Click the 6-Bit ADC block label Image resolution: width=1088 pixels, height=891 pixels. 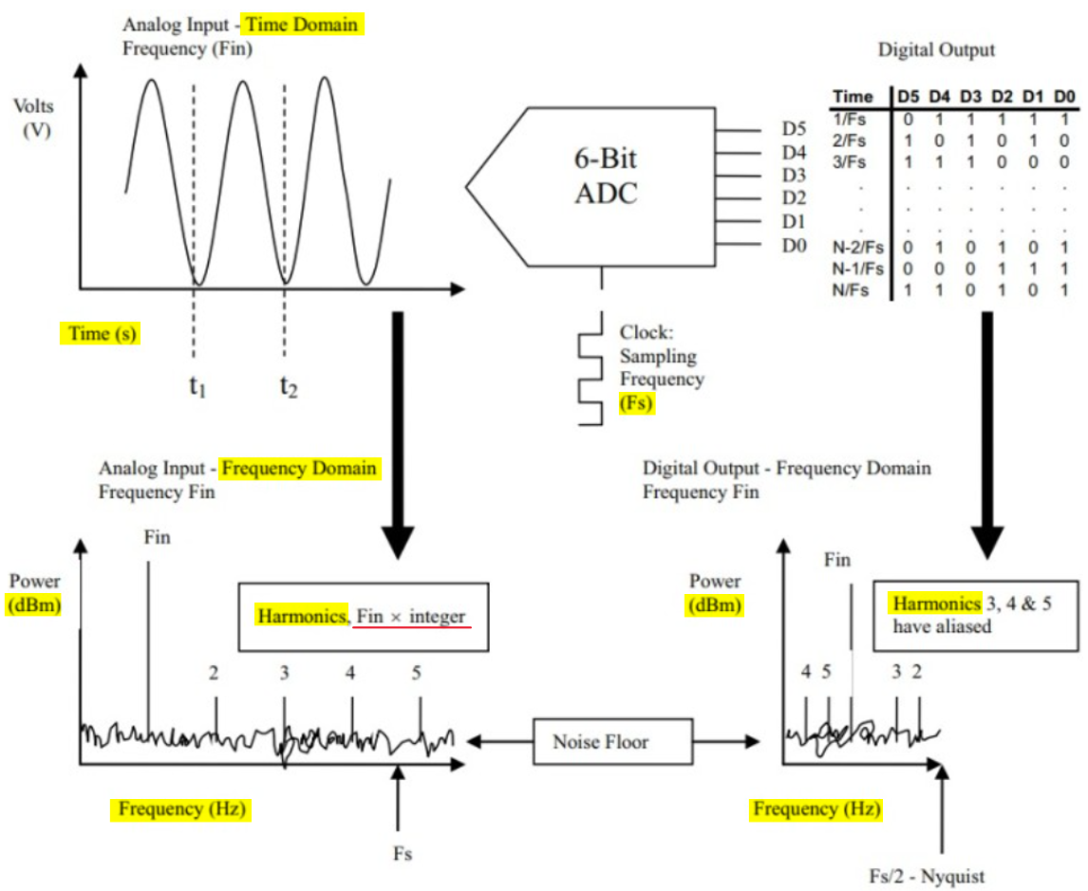(x=607, y=175)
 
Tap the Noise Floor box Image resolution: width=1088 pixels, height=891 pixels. (x=601, y=740)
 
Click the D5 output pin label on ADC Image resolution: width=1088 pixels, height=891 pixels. (x=794, y=129)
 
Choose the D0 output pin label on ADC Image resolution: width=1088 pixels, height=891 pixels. (x=794, y=247)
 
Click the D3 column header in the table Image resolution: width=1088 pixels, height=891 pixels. (x=971, y=96)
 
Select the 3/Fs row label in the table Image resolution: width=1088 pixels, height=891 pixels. (x=850, y=162)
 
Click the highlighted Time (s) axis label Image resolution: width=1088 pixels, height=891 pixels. (x=100, y=334)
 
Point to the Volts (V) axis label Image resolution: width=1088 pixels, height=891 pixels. (x=35, y=117)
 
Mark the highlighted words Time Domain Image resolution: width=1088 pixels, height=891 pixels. (x=313, y=25)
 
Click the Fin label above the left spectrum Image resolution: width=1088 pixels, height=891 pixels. (x=158, y=538)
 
